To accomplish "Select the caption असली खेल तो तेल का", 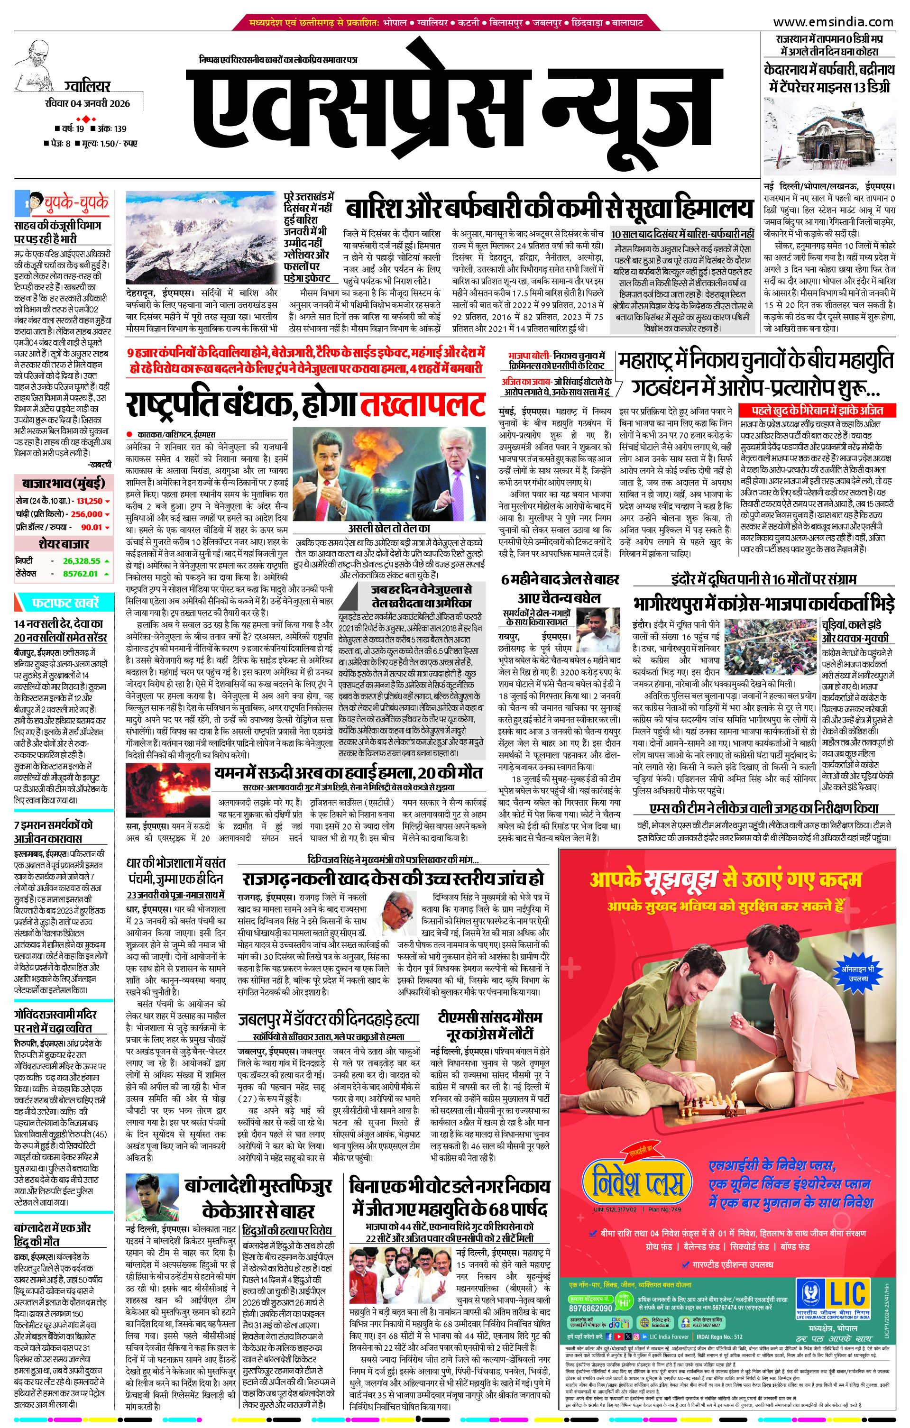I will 389,528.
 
